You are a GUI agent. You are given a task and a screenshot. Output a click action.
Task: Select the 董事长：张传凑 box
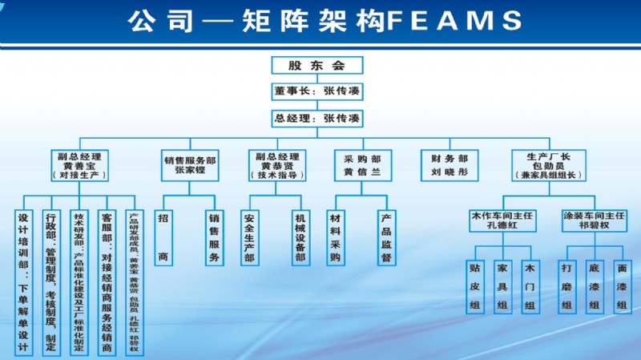coord(316,91)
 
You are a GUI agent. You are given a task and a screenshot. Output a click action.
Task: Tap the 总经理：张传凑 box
coord(316,119)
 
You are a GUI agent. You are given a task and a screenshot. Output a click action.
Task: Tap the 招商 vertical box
coord(163,237)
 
